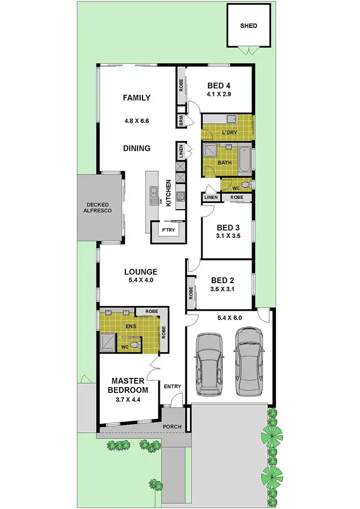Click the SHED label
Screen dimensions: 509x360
coord(249,25)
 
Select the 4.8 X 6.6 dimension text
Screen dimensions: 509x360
coord(136,121)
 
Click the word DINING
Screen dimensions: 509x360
coord(136,148)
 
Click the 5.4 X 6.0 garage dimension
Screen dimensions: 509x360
coord(228,317)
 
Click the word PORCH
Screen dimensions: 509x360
coord(172,427)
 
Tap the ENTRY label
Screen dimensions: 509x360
coord(172,386)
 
